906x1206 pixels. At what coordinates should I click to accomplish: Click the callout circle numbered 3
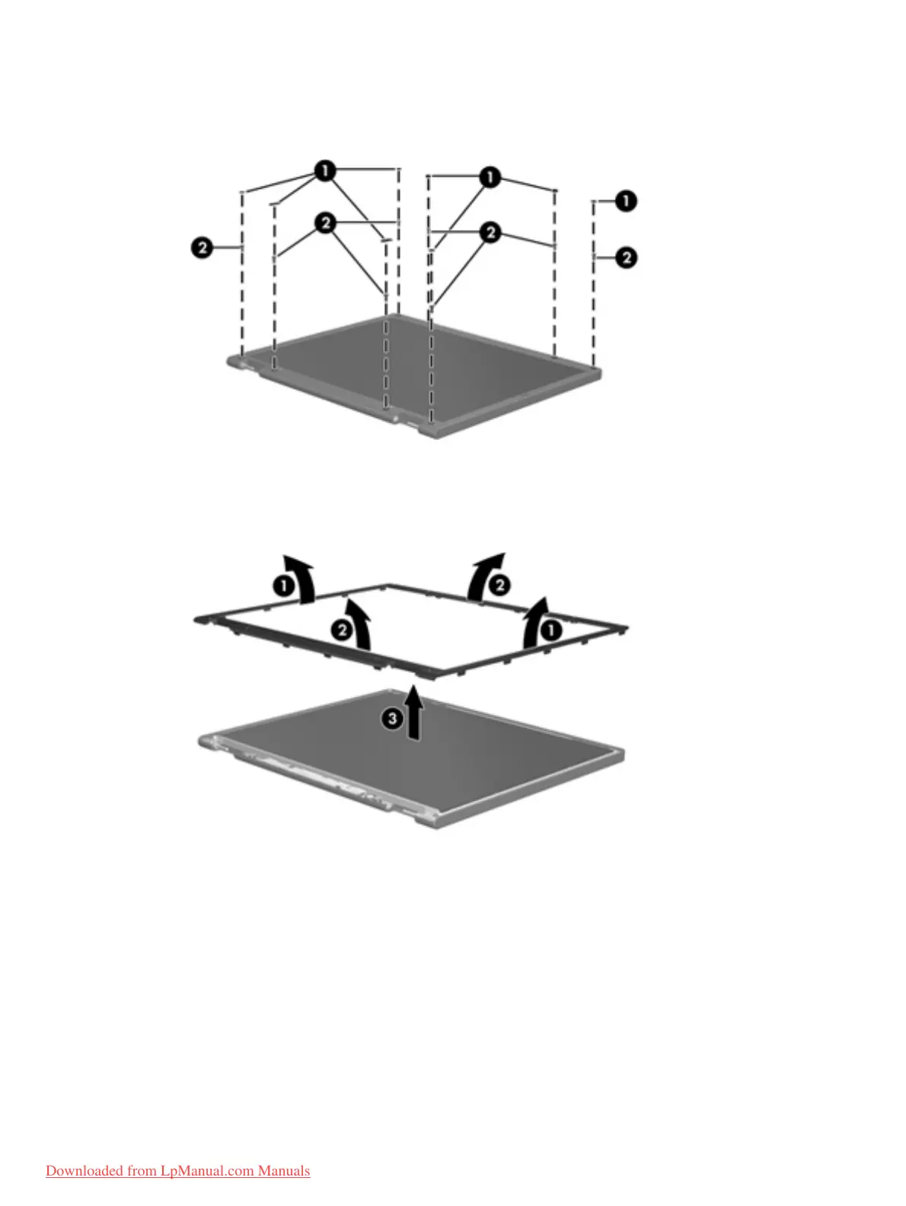pyautogui.click(x=392, y=718)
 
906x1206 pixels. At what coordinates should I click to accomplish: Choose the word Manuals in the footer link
pyautogui.click(x=284, y=1171)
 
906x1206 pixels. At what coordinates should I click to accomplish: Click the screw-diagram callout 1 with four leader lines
pyautogui.click(x=325, y=171)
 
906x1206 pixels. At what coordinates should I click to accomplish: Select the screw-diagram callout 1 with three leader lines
pyautogui.click(x=490, y=177)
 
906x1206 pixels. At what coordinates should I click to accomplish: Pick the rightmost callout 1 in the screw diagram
pyautogui.click(x=626, y=201)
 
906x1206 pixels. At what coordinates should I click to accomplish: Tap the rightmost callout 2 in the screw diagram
pyautogui.click(x=626, y=257)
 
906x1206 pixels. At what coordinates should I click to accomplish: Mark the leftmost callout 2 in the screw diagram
pyautogui.click(x=202, y=247)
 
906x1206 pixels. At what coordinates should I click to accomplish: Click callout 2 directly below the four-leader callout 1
pyautogui.click(x=326, y=222)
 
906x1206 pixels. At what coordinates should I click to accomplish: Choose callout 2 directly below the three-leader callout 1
pyautogui.click(x=491, y=231)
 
